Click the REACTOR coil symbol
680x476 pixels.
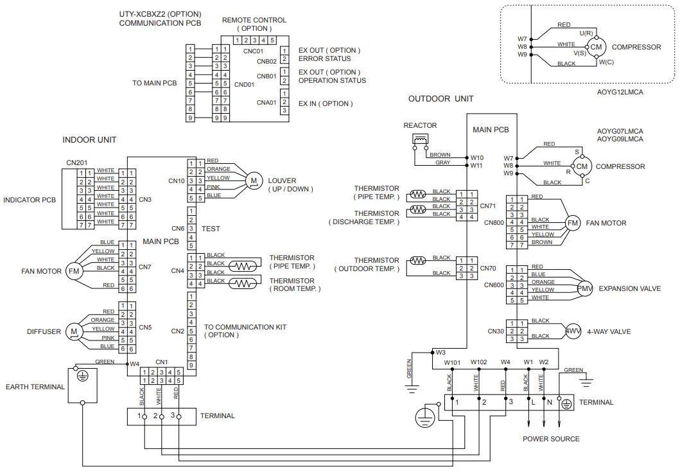421,140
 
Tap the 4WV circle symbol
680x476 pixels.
573,331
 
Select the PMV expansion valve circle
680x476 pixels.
584,289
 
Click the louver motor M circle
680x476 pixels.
254,182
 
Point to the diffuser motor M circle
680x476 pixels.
74,332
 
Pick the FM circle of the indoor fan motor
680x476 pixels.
74,272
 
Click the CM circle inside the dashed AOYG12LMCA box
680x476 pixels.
596,47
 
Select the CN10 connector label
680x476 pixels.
177,181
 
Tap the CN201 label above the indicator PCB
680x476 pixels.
76,163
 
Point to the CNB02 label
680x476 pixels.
266,62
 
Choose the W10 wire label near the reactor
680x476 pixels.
476,157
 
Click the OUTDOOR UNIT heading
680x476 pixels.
440,98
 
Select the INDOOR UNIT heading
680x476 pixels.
89,139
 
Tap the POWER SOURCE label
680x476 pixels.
551,439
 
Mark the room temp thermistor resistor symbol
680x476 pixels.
242,283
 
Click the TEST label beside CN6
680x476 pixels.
211,229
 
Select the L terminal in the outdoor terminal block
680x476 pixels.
531,402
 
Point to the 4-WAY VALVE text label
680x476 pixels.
609,331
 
